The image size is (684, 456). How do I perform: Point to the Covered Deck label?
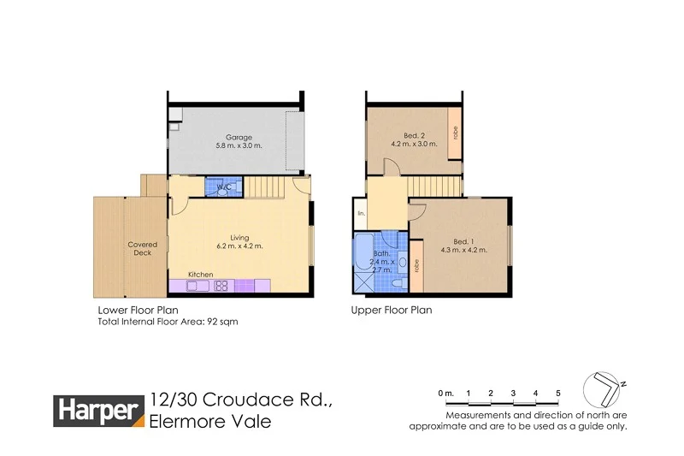(x=143, y=249)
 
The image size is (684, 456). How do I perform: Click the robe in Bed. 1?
(x=416, y=265)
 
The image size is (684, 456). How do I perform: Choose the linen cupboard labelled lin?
(x=361, y=213)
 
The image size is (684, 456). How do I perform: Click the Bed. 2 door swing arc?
(x=389, y=169)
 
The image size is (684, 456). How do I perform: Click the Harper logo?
(x=99, y=411)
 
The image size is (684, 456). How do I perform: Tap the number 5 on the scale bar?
(x=557, y=393)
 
